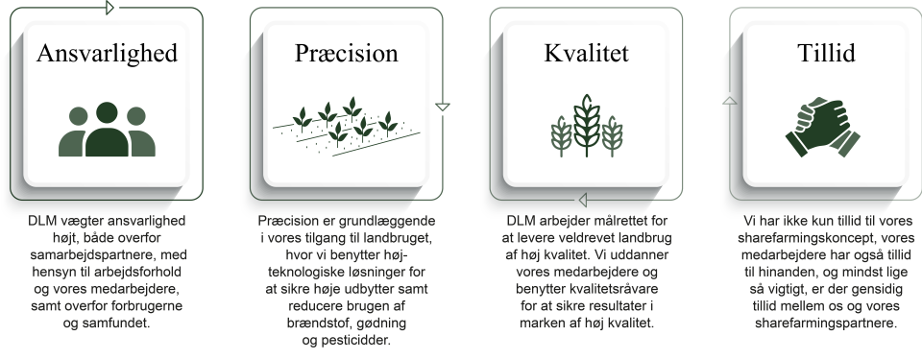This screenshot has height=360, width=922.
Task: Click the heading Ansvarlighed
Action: [x=107, y=53]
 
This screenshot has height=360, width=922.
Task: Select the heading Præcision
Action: [x=347, y=53]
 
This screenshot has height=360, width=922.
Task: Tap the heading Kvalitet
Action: [x=586, y=53]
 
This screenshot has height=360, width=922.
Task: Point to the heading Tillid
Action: [x=826, y=53]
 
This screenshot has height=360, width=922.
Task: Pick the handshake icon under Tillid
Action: [x=823, y=127]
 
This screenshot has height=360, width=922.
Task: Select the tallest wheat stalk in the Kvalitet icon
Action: [x=586, y=126]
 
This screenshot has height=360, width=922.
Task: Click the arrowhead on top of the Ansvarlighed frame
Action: [x=109, y=8]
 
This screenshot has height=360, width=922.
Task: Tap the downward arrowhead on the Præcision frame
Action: [x=443, y=108]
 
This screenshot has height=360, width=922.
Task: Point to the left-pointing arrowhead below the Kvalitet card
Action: [x=583, y=201]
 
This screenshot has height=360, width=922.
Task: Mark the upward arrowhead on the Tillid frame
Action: [x=730, y=101]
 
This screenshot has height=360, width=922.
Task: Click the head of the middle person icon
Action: [x=107, y=112]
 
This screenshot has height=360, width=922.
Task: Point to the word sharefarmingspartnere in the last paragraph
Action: [x=826, y=324]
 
